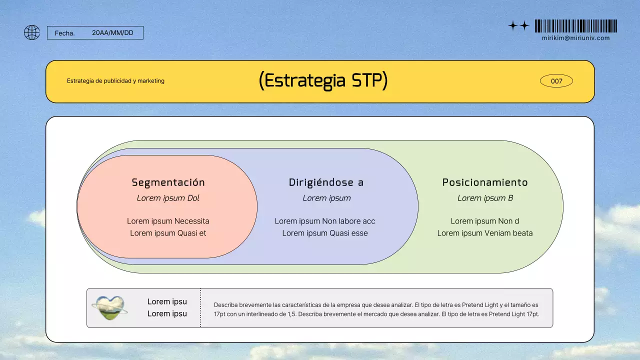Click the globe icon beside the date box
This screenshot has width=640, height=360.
[31, 32]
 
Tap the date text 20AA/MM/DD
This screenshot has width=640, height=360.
[112, 33]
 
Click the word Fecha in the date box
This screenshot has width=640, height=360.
[64, 33]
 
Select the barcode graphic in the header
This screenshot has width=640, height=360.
[575, 26]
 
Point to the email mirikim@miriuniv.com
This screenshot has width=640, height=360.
[575, 38]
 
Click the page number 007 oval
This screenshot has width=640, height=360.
[556, 81]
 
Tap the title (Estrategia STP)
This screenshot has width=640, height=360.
[323, 81]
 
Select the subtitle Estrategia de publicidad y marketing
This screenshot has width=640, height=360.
[115, 81]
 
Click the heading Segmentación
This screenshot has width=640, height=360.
[168, 182]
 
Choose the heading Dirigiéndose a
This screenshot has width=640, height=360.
[326, 182]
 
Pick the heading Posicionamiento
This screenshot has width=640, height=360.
[485, 182]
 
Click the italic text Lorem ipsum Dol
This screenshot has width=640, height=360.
[168, 198]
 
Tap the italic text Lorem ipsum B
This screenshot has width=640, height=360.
[485, 198]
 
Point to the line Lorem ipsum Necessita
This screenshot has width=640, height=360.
[168, 221]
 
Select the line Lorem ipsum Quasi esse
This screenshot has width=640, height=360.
[325, 233]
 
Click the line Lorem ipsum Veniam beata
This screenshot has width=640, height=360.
[485, 233]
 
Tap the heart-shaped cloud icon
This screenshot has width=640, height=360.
[109, 307]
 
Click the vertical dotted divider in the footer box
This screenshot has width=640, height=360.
[200, 307]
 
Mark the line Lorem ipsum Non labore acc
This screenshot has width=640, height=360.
[325, 221]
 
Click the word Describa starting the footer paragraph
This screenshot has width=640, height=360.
[225, 305]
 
